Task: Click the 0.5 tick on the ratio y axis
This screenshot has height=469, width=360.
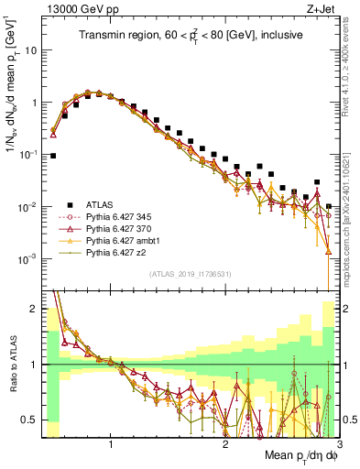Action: tap(29, 420)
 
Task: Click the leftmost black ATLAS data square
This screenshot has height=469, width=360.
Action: tap(53, 156)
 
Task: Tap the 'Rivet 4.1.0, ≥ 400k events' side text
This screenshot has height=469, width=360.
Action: tap(352, 78)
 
